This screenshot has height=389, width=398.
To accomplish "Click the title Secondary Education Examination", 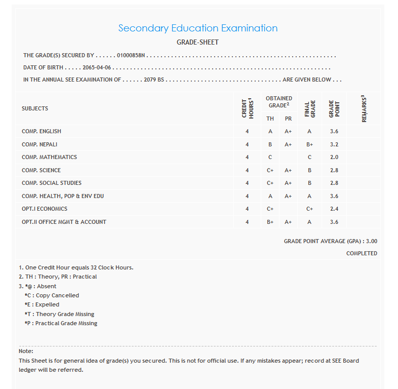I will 197,28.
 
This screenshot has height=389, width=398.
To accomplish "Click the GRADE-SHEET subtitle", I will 197,43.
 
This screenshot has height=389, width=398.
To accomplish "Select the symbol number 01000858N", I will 131,56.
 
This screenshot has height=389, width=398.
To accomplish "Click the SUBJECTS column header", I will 35,108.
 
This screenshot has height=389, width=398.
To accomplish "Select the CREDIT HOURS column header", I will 247,108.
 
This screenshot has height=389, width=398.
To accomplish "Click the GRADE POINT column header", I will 334,108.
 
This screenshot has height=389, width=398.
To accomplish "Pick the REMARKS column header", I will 364,108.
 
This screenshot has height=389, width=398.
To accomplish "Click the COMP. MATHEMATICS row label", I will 49,157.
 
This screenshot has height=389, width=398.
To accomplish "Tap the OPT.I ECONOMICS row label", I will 45,209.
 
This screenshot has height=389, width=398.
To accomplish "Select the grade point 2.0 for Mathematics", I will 334,157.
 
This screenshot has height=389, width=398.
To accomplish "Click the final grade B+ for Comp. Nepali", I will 309,144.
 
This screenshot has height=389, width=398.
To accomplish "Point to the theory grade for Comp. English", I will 270,131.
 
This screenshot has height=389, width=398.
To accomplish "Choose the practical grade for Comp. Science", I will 288,170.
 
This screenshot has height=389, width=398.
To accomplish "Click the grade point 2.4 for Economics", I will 334,209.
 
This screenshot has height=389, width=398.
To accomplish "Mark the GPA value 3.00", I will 371,242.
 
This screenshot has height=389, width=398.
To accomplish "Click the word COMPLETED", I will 362,253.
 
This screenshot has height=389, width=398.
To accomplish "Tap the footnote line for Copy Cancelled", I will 52,295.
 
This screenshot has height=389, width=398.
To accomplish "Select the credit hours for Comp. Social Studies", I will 247,183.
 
